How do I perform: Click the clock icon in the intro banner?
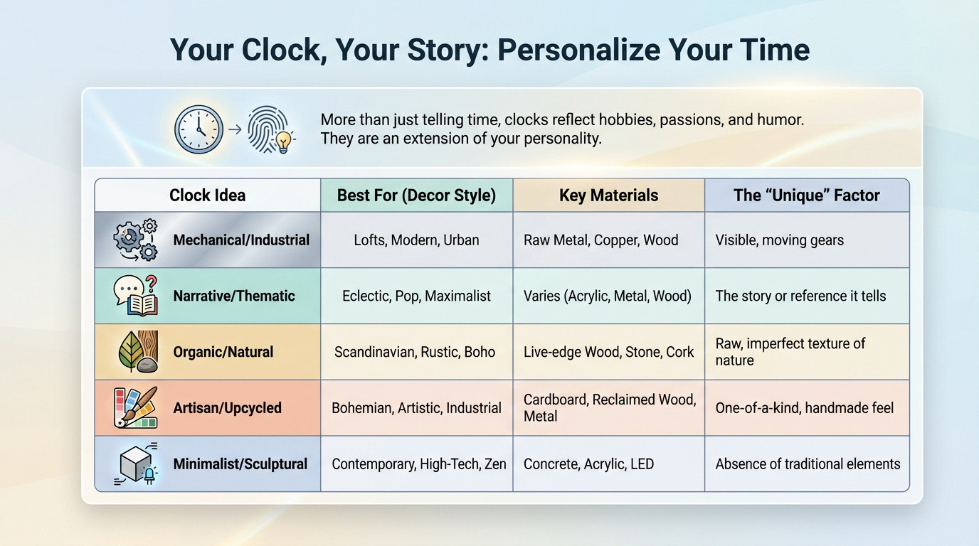coord(199,129)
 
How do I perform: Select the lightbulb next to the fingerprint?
coord(285,141)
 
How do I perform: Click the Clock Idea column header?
coord(207,196)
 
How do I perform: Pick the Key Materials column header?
coord(608,196)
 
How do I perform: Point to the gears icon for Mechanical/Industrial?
coord(135,240)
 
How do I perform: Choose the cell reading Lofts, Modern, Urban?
coord(416,240)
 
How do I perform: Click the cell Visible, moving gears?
coord(779,240)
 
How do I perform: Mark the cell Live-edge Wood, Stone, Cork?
coord(608,352)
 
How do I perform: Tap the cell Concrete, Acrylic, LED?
coord(588,464)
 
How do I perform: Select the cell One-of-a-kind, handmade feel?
coord(804,408)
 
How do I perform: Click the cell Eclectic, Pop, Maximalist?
coord(416,296)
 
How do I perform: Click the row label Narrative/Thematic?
coord(234,296)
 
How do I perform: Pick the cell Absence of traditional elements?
coord(808,464)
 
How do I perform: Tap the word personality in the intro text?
coord(556,139)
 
